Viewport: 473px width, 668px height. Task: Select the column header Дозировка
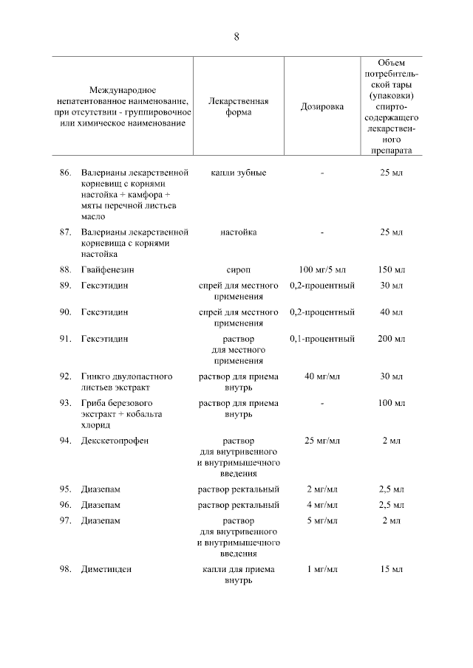pyautogui.click(x=322, y=106)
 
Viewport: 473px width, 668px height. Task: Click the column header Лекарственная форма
pyautogui.click(x=239, y=106)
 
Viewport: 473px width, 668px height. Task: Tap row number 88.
pyautogui.click(x=65, y=269)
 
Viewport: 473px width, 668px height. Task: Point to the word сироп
pyautogui.click(x=239, y=269)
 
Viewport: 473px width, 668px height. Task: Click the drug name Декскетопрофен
pyautogui.click(x=115, y=441)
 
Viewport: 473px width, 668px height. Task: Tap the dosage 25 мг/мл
pyautogui.click(x=322, y=441)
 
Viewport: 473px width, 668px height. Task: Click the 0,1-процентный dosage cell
pyautogui.click(x=322, y=339)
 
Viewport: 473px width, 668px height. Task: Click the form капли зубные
pyautogui.click(x=239, y=172)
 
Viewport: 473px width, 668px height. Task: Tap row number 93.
pyautogui.click(x=65, y=403)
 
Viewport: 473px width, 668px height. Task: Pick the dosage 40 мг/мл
pyautogui.click(x=322, y=376)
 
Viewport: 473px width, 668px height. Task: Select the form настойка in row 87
pyautogui.click(x=239, y=233)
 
